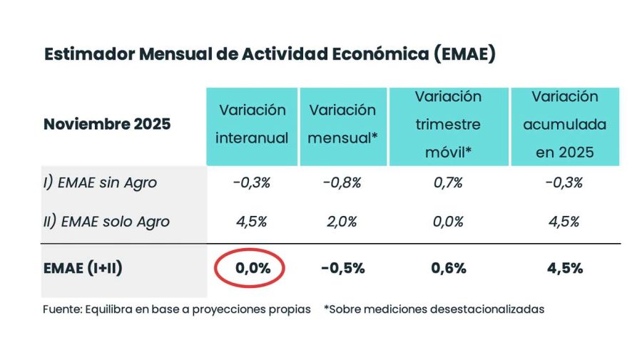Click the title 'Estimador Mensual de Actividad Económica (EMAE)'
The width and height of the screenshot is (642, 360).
click(270, 55)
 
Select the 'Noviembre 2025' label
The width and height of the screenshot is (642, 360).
click(107, 124)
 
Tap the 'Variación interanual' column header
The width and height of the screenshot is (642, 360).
click(252, 124)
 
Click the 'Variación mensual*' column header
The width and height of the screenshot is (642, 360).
click(342, 124)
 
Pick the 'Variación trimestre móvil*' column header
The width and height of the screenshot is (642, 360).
click(448, 124)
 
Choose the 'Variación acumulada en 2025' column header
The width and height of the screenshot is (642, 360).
click(565, 124)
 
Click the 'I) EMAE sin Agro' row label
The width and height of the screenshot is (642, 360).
click(100, 182)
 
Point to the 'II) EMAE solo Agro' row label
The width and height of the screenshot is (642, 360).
click(106, 221)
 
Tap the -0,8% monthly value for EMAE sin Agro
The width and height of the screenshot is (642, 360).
click(342, 182)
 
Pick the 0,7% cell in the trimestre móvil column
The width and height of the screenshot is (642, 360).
click(448, 182)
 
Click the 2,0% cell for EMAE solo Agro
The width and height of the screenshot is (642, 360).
click(342, 221)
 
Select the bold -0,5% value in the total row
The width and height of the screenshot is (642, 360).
click(342, 268)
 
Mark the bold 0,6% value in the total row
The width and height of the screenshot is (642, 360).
click(448, 268)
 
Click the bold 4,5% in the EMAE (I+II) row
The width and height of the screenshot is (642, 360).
click(565, 268)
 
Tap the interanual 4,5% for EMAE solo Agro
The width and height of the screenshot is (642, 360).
click(251, 221)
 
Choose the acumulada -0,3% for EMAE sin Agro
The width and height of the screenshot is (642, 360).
click(565, 182)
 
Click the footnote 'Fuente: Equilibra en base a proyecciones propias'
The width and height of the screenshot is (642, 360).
click(176, 309)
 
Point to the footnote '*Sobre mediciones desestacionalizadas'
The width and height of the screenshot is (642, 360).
click(434, 309)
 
